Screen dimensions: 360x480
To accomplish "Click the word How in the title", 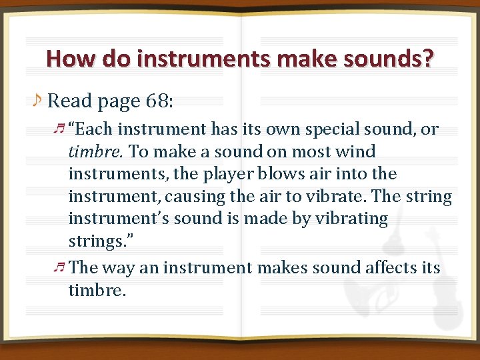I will pyautogui.click(x=67, y=59).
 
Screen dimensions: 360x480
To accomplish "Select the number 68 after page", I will pyautogui.click(x=155, y=101).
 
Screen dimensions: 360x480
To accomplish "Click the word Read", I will pyautogui.click(x=70, y=101).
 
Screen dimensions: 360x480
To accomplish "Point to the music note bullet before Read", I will pyautogui.click(x=37, y=100).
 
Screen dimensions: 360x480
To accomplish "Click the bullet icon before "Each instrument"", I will pyautogui.click(x=60, y=129).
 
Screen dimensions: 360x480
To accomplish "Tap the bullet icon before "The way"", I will pyautogui.click(x=60, y=267).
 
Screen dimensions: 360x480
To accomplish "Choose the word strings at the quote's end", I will pyautogui.click(x=94, y=241).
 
